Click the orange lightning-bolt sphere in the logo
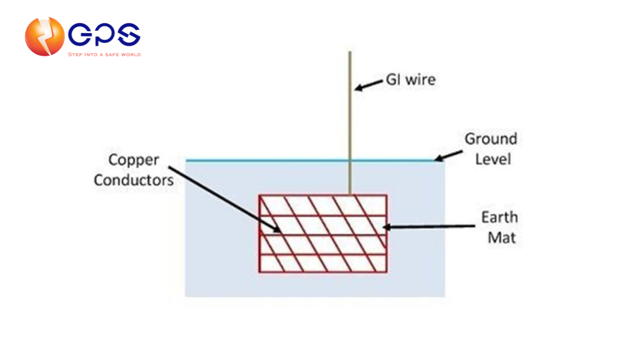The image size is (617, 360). click(x=45, y=37)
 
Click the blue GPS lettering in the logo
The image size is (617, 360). click(x=104, y=34)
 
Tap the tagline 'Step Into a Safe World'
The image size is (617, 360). click(x=104, y=55)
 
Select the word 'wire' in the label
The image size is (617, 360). click(x=421, y=80)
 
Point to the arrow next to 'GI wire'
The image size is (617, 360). click(x=369, y=85)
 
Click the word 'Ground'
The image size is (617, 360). click(x=491, y=139)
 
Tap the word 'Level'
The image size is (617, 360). click(x=493, y=159)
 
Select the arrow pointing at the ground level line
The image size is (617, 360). click(x=448, y=156)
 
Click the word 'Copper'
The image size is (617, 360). click(x=134, y=160)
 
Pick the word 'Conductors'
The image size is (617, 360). click(x=134, y=181)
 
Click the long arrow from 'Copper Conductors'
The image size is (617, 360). click(x=225, y=200)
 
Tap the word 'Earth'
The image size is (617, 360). click(x=500, y=218)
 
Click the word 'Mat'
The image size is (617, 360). click(x=502, y=238)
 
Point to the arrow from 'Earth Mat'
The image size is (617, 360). click(x=429, y=227)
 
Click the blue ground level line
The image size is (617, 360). click(x=315, y=160)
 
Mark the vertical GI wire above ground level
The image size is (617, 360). click(x=350, y=105)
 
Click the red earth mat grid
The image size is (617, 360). click(x=323, y=233)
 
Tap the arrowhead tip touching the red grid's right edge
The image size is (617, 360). click(x=384, y=227)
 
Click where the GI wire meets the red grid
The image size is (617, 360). click(x=350, y=194)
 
